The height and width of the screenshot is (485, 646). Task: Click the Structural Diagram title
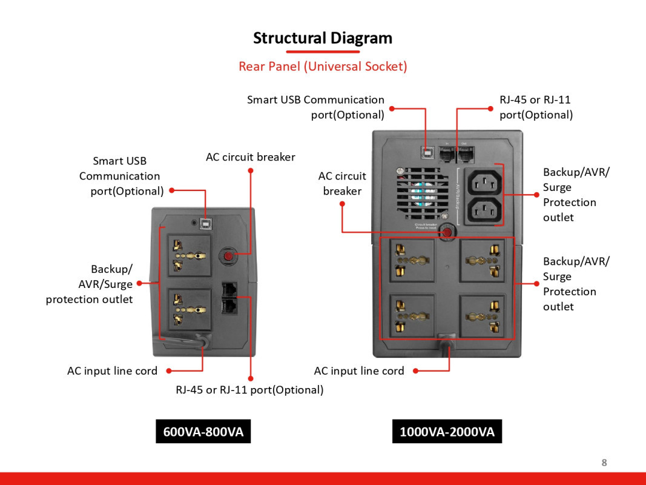323,38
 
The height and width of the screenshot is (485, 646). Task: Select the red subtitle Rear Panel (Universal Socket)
323,66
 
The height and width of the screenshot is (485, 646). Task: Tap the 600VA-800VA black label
203,432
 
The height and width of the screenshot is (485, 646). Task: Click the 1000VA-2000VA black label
447,432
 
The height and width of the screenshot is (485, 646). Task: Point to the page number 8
604,463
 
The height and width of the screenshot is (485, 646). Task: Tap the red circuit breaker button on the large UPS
447,232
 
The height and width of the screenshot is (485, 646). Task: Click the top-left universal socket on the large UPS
412,260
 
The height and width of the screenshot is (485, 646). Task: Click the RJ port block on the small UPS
230,298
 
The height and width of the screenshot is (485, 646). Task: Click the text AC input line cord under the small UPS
112,370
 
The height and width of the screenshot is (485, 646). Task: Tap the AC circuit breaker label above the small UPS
250,157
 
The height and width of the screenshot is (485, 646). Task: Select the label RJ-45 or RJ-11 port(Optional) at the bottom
249,390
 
